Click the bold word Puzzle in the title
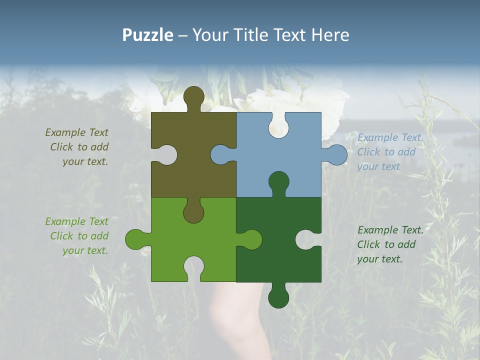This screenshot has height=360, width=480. point(148,35)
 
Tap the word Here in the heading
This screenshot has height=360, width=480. point(329,35)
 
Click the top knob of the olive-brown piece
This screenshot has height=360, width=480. point(193,97)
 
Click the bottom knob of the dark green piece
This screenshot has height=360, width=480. point(278,297)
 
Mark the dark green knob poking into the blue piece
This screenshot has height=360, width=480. point(278,182)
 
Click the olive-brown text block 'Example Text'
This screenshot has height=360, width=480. point(77,147)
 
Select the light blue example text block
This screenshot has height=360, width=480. point(390,152)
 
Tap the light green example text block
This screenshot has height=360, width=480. point(77,236)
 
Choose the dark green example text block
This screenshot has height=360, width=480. point(390,244)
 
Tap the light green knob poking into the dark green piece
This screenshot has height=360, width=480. point(250,239)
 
